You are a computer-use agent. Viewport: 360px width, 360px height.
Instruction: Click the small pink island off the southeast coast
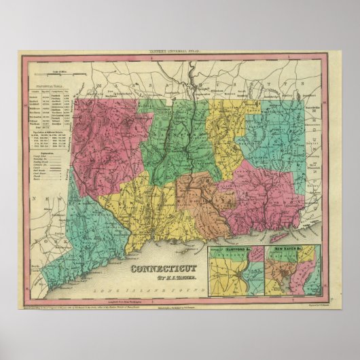279,238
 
